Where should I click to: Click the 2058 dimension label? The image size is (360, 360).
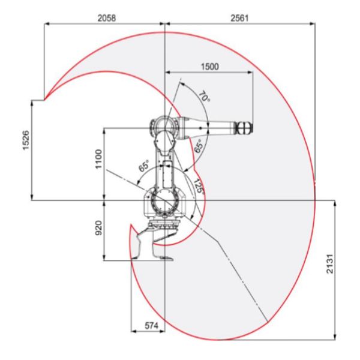click(107, 18)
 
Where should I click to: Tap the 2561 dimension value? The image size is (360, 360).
click(239, 18)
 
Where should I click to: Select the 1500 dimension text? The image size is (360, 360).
click(210, 67)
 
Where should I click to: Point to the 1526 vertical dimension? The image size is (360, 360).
click(26, 140)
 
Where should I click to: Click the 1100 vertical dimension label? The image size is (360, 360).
click(98, 159)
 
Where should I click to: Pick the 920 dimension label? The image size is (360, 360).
click(98, 228)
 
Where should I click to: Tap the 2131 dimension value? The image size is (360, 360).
click(329, 263)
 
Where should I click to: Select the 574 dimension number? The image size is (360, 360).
click(152, 326)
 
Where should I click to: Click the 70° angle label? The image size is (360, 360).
click(204, 97)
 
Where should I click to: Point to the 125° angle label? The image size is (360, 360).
click(199, 187)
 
